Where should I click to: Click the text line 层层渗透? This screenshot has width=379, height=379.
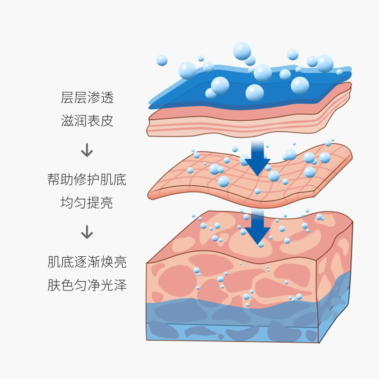coord(87,98)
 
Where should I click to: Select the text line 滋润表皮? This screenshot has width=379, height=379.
coord(87,120)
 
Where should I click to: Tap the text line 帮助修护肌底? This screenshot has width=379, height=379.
coord(87,180)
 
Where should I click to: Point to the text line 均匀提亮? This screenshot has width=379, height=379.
coord(87,202)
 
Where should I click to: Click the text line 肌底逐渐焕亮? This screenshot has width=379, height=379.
coord(87,262)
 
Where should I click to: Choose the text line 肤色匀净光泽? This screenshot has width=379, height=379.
coord(87,285)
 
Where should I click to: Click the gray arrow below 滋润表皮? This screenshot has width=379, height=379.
coord(87,150)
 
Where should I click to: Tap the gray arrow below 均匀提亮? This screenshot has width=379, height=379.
coord(87,232)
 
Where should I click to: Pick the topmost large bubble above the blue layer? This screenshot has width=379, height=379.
coord(242,51)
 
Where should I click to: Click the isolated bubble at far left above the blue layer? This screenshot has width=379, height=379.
coord(162,60)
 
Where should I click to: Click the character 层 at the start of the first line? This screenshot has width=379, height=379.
coord(67,98)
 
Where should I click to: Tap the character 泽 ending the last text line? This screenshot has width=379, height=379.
coord(120,285)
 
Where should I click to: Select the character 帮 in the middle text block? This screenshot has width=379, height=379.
coord(54,180)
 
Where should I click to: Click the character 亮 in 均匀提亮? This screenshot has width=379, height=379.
coord(107,202)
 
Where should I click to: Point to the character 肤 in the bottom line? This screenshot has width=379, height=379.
coord(54,285)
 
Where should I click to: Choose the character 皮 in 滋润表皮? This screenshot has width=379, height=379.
coord(107,120)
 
